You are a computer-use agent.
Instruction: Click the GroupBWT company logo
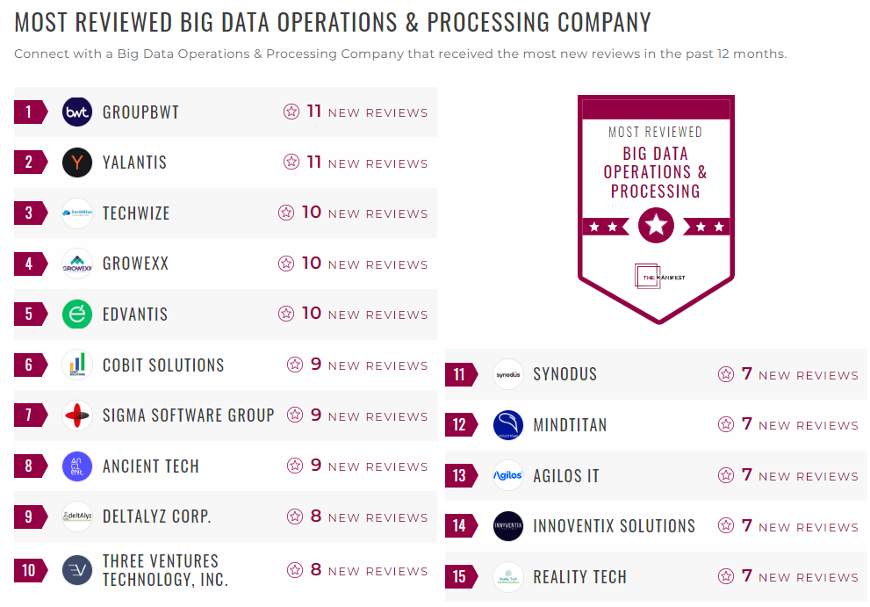pyautogui.click(x=77, y=112)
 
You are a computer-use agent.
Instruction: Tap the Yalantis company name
pyautogui.click(x=134, y=163)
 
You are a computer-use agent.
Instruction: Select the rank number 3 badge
pyautogui.click(x=29, y=213)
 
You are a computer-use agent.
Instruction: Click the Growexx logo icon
pyautogui.click(x=77, y=264)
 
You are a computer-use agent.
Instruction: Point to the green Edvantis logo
pyautogui.click(x=77, y=314)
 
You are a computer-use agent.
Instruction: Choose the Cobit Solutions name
pyautogui.click(x=163, y=365)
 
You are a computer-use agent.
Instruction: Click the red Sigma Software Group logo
pyautogui.click(x=77, y=416)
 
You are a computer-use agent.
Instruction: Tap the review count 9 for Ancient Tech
pyautogui.click(x=316, y=466)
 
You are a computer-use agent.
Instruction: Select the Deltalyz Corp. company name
pyautogui.click(x=156, y=517)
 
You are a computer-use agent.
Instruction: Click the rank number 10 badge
pyautogui.click(x=29, y=571)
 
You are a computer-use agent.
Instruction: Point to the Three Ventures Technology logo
pyautogui.click(x=77, y=571)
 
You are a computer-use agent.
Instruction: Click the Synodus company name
pyautogui.click(x=564, y=374)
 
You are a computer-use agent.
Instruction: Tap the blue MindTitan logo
pyautogui.click(x=508, y=425)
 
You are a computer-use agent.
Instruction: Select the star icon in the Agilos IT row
pyautogui.click(x=726, y=475)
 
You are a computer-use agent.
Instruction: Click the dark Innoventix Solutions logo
pyautogui.click(x=508, y=526)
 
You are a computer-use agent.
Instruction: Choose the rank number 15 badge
pyautogui.click(x=459, y=577)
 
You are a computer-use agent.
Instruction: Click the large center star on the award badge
pyautogui.click(x=656, y=226)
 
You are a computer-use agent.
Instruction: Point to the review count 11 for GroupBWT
pyautogui.click(x=314, y=112)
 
